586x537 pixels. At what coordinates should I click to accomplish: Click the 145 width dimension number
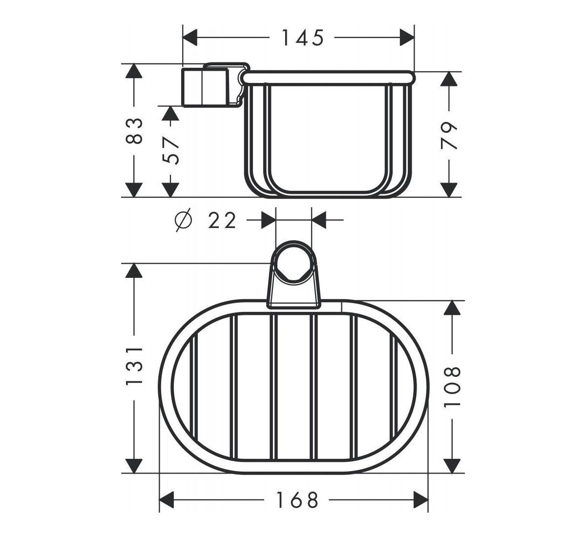pos(303,38)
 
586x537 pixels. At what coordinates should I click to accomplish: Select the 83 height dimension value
pos(134,131)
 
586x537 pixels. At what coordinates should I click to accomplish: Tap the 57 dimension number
pos(170,151)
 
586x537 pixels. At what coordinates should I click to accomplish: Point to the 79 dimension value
pos(449,136)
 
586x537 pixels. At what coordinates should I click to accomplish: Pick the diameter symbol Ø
pos(183,220)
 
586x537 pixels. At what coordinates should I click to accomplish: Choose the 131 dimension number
pos(134,366)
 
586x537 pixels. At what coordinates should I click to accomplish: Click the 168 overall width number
pos(297,500)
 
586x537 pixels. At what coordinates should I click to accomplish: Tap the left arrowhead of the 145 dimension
pos(190,38)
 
